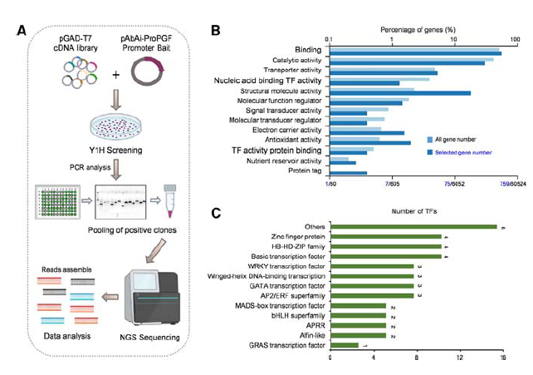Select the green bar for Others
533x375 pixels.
[413, 226]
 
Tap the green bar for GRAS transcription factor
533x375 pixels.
[345, 345]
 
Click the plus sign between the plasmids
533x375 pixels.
[115, 75]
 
